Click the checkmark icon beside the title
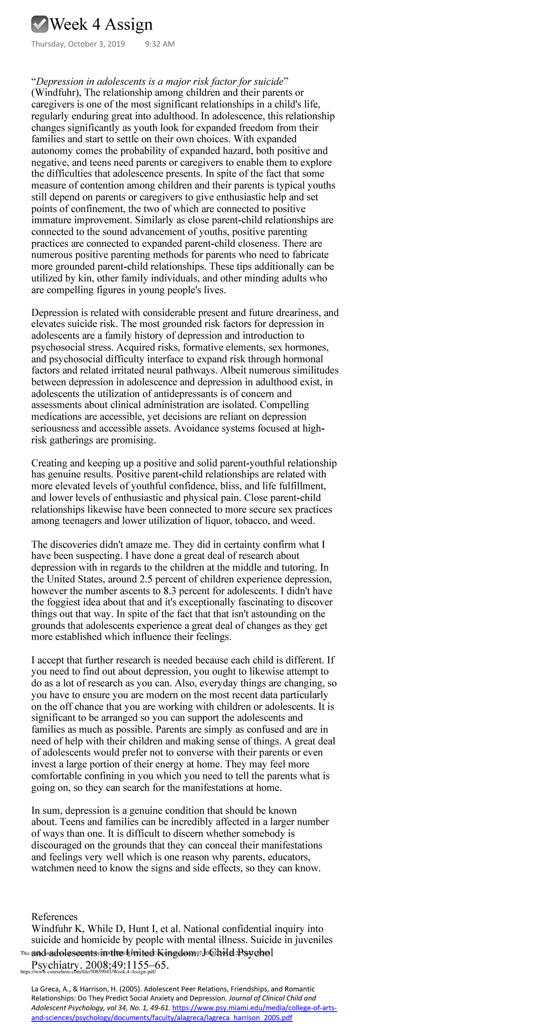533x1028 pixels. point(40,24)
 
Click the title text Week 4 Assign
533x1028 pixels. point(101,24)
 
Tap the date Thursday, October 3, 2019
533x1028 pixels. point(78,44)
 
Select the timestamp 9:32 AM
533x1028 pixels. point(160,44)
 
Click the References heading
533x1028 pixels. point(54,916)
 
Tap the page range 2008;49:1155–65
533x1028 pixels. point(127,965)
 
